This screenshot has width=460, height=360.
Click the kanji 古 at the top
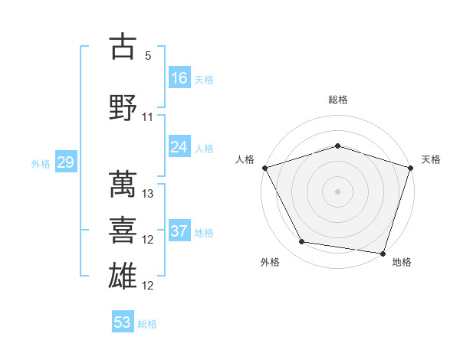tap(123, 47)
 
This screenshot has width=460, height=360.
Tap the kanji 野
tap(123, 108)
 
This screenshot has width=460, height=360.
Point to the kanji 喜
tap(123, 231)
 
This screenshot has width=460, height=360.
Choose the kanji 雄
tap(123, 277)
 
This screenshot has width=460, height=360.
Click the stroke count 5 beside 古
tap(149, 56)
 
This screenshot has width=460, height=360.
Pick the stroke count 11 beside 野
tap(148, 117)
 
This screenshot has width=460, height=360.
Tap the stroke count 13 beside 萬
tap(149, 194)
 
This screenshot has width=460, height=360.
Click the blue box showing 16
tap(179, 78)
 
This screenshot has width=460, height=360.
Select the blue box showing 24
tap(179, 147)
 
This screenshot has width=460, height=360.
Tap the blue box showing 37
tap(179, 231)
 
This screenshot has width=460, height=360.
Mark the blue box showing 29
tap(65, 162)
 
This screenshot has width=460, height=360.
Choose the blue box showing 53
tap(123, 322)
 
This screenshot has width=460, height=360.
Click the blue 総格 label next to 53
tap(148, 324)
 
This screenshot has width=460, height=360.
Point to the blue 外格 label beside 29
tap(40, 163)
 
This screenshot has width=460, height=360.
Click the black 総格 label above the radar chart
tap(338, 100)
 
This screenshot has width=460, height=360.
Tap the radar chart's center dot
tap(337, 191)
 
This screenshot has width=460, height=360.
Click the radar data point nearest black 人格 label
tap(265, 168)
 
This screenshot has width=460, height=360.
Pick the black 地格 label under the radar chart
tap(402, 262)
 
